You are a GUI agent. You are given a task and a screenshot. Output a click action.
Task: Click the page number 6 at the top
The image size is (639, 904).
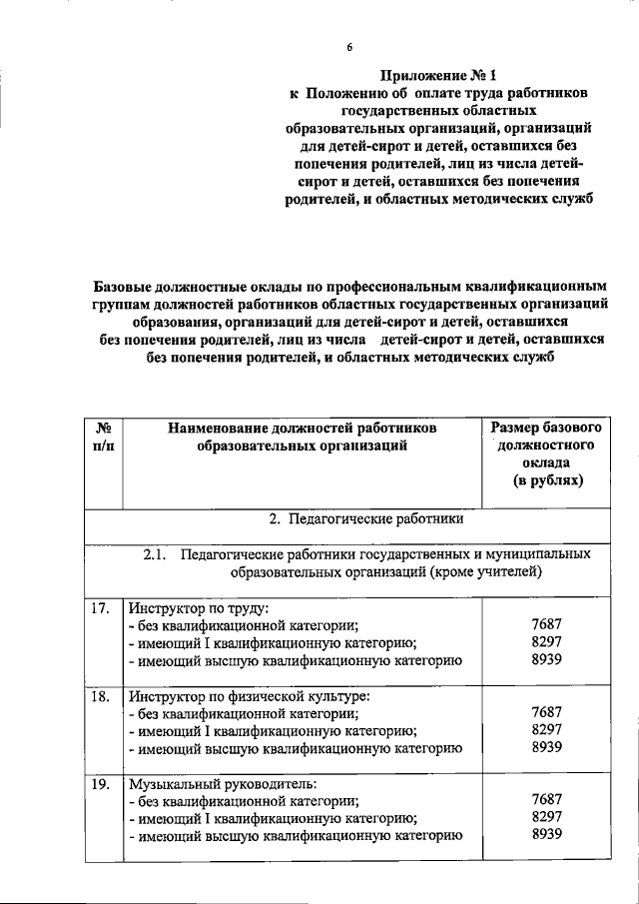[x=349, y=47]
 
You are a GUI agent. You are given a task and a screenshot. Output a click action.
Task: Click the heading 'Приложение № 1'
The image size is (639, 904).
[x=437, y=74]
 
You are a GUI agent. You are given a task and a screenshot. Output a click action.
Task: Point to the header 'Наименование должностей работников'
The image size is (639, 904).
[x=303, y=428]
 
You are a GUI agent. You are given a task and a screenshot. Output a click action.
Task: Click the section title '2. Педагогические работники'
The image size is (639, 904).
[x=365, y=518]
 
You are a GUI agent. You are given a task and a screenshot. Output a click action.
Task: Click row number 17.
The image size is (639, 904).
[x=100, y=607]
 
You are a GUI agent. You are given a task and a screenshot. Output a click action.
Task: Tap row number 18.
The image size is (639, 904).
[x=100, y=696]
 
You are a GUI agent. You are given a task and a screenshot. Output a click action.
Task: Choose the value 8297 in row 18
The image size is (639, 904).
[x=547, y=730]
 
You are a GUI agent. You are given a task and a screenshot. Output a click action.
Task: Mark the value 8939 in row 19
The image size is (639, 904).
[x=547, y=836]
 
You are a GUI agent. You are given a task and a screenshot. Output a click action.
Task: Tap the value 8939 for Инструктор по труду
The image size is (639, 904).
[x=547, y=660]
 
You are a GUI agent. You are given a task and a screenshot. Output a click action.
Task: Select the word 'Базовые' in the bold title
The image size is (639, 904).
[x=127, y=287]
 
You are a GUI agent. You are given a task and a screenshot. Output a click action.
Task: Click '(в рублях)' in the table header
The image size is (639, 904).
[x=545, y=480]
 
